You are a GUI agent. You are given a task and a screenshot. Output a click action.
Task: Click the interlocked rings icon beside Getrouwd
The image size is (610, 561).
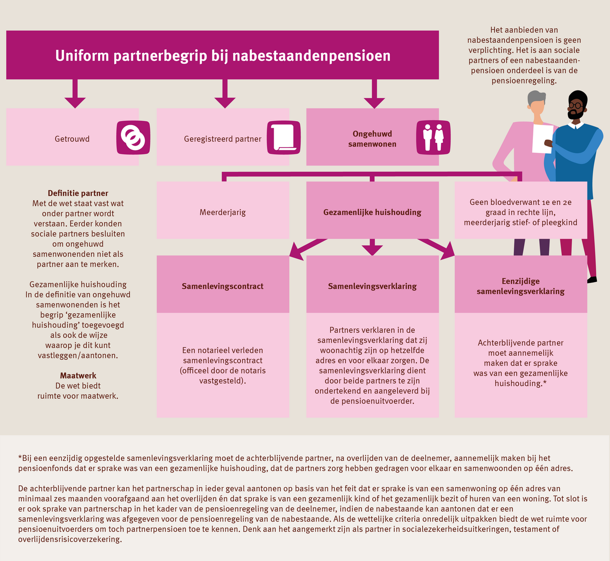coord(133,138)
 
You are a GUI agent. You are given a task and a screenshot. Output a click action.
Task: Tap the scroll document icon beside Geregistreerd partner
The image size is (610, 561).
coord(284,138)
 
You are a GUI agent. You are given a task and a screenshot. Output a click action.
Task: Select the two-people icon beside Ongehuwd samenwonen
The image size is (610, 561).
coord(433,138)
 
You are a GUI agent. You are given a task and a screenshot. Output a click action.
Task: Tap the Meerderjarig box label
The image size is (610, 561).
coord(223,212)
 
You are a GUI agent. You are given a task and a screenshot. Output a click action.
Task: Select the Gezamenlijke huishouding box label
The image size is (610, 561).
coord(372,212)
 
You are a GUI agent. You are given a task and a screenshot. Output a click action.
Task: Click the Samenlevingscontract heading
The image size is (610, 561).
coord(223,286)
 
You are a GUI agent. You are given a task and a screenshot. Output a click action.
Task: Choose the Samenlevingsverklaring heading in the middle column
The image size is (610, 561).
coord(372,286)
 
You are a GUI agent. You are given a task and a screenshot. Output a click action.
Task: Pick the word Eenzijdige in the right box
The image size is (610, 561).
coord(521,281)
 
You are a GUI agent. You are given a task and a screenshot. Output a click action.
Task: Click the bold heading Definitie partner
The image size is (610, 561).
coord(78,193)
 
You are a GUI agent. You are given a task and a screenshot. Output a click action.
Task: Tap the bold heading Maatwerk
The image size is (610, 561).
coord(78,375)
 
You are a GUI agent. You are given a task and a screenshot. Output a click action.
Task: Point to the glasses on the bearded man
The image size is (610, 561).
coord(576,106)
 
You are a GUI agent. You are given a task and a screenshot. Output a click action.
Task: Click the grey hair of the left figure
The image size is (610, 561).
coord(537,98)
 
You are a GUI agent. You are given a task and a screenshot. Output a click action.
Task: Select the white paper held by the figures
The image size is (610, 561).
coord(543,139)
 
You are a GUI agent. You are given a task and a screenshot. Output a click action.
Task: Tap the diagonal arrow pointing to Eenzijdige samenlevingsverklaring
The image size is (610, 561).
coord(437,249)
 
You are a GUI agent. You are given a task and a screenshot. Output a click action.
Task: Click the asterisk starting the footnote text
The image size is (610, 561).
coord(20,457)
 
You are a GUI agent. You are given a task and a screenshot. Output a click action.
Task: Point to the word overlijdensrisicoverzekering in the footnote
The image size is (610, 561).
coord(70,539)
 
